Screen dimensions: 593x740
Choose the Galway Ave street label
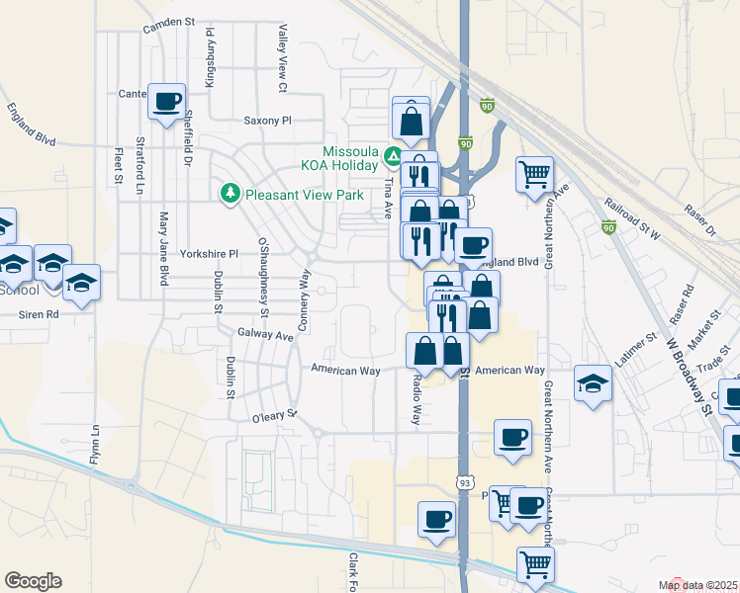pyautogui.click(x=266, y=336)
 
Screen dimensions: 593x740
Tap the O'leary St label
pyautogui.click(x=275, y=418)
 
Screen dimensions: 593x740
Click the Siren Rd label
pyautogui.click(x=40, y=313)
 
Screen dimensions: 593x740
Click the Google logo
pyautogui.click(x=33, y=581)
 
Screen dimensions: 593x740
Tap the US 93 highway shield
pyautogui.click(x=464, y=482)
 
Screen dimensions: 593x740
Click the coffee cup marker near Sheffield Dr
pyautogui.click(x=166, y=100)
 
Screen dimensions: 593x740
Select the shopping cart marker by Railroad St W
pyautogui.click(x=534, y=174)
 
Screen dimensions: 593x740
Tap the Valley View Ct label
pyautogui.click(x=282, y=59)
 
